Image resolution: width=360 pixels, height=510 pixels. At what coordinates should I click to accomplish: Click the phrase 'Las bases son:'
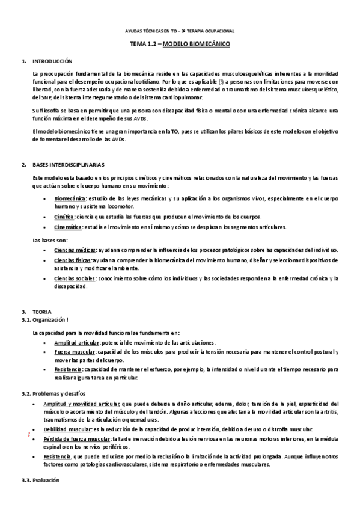click(x=50, y=240)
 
